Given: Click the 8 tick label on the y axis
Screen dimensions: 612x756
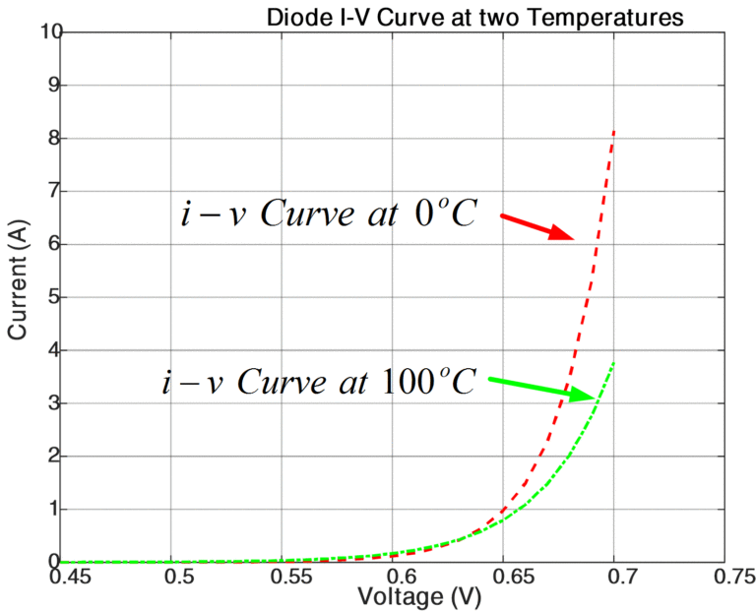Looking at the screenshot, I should point(50,139).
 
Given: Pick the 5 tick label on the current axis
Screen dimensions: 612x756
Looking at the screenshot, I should point(50,297).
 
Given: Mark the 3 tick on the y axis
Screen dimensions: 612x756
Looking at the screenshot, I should point(50,403).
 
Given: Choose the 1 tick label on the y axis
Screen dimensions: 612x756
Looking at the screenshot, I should point(50,510).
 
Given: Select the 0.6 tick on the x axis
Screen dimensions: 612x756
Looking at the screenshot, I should point(396,575).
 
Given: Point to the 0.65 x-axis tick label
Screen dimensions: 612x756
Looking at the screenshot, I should point(504,575).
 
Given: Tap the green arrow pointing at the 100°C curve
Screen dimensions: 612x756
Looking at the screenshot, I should point(541,388).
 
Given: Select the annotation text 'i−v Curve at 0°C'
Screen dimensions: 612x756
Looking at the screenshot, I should point(329,214).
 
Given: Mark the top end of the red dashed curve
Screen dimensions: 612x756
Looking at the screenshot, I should point(614,130).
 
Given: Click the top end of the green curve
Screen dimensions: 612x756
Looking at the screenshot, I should point(614,362).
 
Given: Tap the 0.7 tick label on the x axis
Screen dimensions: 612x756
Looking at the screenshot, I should point(616,575).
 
